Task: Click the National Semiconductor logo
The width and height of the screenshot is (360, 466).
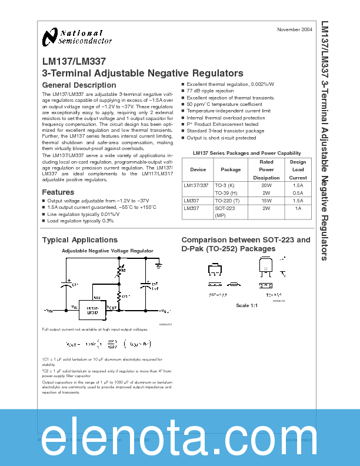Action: click(x=76, y=37)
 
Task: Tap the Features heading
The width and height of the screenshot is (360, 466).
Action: click(x=58, y=192)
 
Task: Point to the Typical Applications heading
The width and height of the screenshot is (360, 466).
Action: click(x=79, y=240)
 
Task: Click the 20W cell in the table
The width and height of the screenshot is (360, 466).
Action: click(x=266, y=185)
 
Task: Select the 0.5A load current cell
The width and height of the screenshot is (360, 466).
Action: click(x=298, y=192)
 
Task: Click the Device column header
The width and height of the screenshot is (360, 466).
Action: click(x=198, y=169)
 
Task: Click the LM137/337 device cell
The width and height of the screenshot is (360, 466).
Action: click(x=196, y=185)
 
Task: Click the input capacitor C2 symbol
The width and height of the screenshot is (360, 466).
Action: click(x=69, y=284)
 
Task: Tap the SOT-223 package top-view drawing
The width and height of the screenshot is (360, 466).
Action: click(x=214, y=269)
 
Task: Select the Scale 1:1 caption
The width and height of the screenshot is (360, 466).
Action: click(x=246, y=305)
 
